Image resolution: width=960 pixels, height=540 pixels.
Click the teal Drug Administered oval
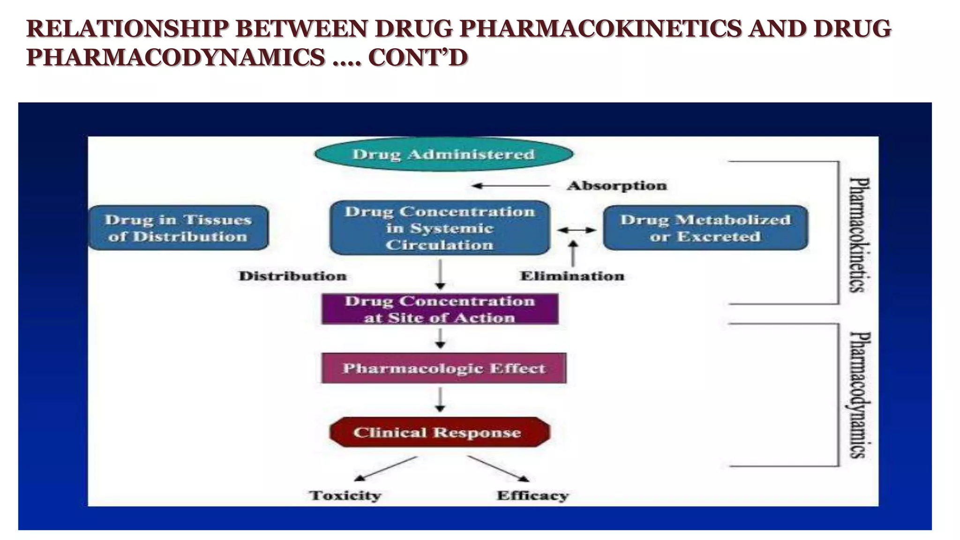click(443, 154)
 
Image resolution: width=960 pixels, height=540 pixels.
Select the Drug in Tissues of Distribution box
click(178, 228)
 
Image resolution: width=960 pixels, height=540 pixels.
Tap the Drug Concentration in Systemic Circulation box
click(440, 228)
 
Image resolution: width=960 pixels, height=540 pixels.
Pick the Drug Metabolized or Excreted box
click(705, 228)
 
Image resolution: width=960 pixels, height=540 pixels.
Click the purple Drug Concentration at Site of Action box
click(440, 309)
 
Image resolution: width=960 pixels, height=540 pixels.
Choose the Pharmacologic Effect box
click(443, 368)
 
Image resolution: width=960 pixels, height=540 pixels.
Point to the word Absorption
click(616, 186)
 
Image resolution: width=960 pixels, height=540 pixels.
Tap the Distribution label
click(292, 276)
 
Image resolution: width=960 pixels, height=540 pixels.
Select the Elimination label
click(572, 276)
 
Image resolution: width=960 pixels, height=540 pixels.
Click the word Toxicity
click(345, 495)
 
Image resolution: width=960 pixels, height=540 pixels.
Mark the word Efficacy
click(532, 495)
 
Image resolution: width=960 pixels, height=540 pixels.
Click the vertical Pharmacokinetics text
click(860, 234)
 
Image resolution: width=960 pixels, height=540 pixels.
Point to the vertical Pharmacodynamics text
click(860, 395)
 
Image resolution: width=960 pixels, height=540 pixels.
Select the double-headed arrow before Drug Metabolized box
click(576, 230)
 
